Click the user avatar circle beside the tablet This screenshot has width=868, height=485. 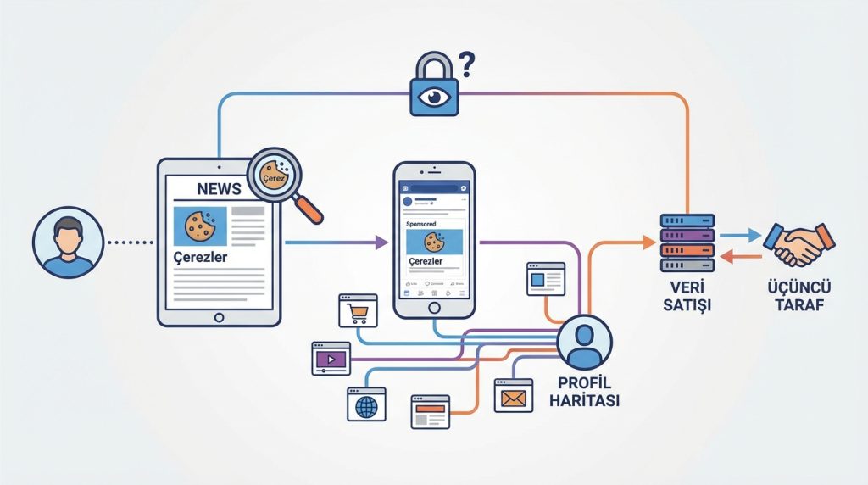click(x=68, y=242)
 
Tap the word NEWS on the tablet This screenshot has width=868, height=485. click(x=219, y=188)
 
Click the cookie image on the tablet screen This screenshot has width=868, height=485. click(x=200, y=226)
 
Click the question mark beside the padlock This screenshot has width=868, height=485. click(x=465, y=64)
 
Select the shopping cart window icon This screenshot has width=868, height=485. click(x=357, y=311)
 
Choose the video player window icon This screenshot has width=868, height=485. click(x=331, y=358)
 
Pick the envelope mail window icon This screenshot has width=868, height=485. click(x=514, y=395)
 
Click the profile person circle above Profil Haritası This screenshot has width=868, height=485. click(x=584, y=342)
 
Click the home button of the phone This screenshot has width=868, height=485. click(x=434, y=309)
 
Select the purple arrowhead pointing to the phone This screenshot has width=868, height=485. click(x=380, y=242)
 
